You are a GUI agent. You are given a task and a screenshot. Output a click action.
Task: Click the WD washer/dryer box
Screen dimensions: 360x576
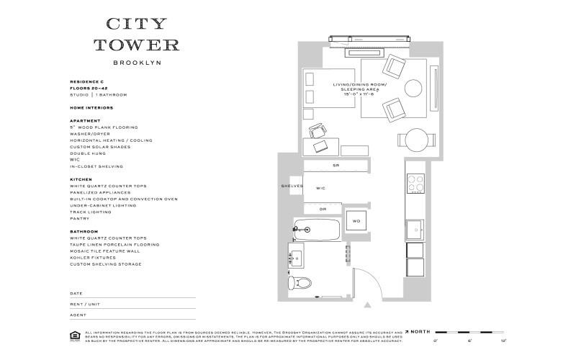point(356,221)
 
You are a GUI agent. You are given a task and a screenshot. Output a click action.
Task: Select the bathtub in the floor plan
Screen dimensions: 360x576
point(318,230)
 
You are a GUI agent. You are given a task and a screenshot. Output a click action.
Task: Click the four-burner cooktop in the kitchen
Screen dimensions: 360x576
point(415,183)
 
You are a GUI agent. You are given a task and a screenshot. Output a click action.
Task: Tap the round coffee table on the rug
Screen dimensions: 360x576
point(414,88)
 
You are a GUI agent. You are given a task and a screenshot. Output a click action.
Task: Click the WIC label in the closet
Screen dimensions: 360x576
point(321,188)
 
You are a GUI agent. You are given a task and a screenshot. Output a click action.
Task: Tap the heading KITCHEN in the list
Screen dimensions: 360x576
point(80,179)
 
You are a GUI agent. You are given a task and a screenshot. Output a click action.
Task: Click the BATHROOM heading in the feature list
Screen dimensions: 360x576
point(84,231)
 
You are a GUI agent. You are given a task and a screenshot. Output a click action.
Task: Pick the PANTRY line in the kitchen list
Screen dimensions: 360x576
point(80,218)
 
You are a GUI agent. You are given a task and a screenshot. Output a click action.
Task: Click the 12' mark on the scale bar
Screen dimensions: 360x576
point(503,338)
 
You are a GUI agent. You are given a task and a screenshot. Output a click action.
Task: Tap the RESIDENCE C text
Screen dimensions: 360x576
point(87,82)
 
